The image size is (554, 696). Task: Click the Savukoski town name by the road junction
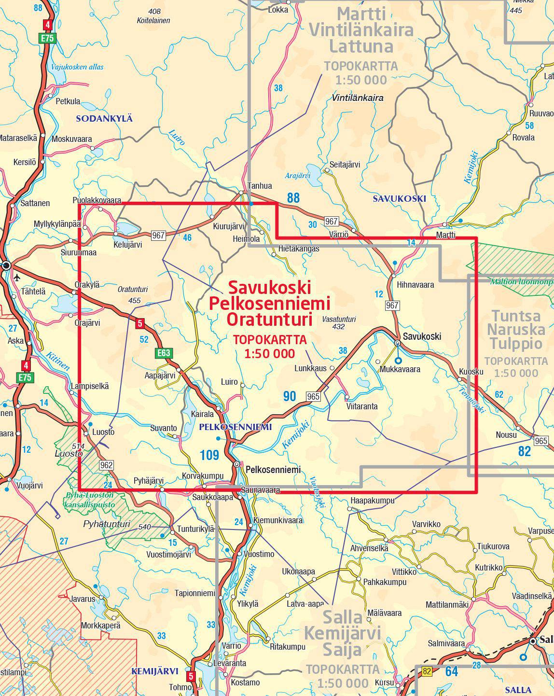422,336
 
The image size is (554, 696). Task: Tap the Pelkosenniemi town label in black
273,469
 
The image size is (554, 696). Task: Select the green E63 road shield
164,353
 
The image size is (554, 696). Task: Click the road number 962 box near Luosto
106,465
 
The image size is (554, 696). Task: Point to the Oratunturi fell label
133,290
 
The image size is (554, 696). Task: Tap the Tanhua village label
260,186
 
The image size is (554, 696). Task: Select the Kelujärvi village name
127,245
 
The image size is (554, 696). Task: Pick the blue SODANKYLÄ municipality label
104,119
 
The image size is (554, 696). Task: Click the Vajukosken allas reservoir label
78,67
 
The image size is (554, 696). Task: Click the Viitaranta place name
362,406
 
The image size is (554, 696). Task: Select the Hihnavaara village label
415,285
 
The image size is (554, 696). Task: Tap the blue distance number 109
209,455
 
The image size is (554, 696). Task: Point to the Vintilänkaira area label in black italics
358,98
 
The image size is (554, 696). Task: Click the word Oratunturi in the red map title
270,319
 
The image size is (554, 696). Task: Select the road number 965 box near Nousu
541,441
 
